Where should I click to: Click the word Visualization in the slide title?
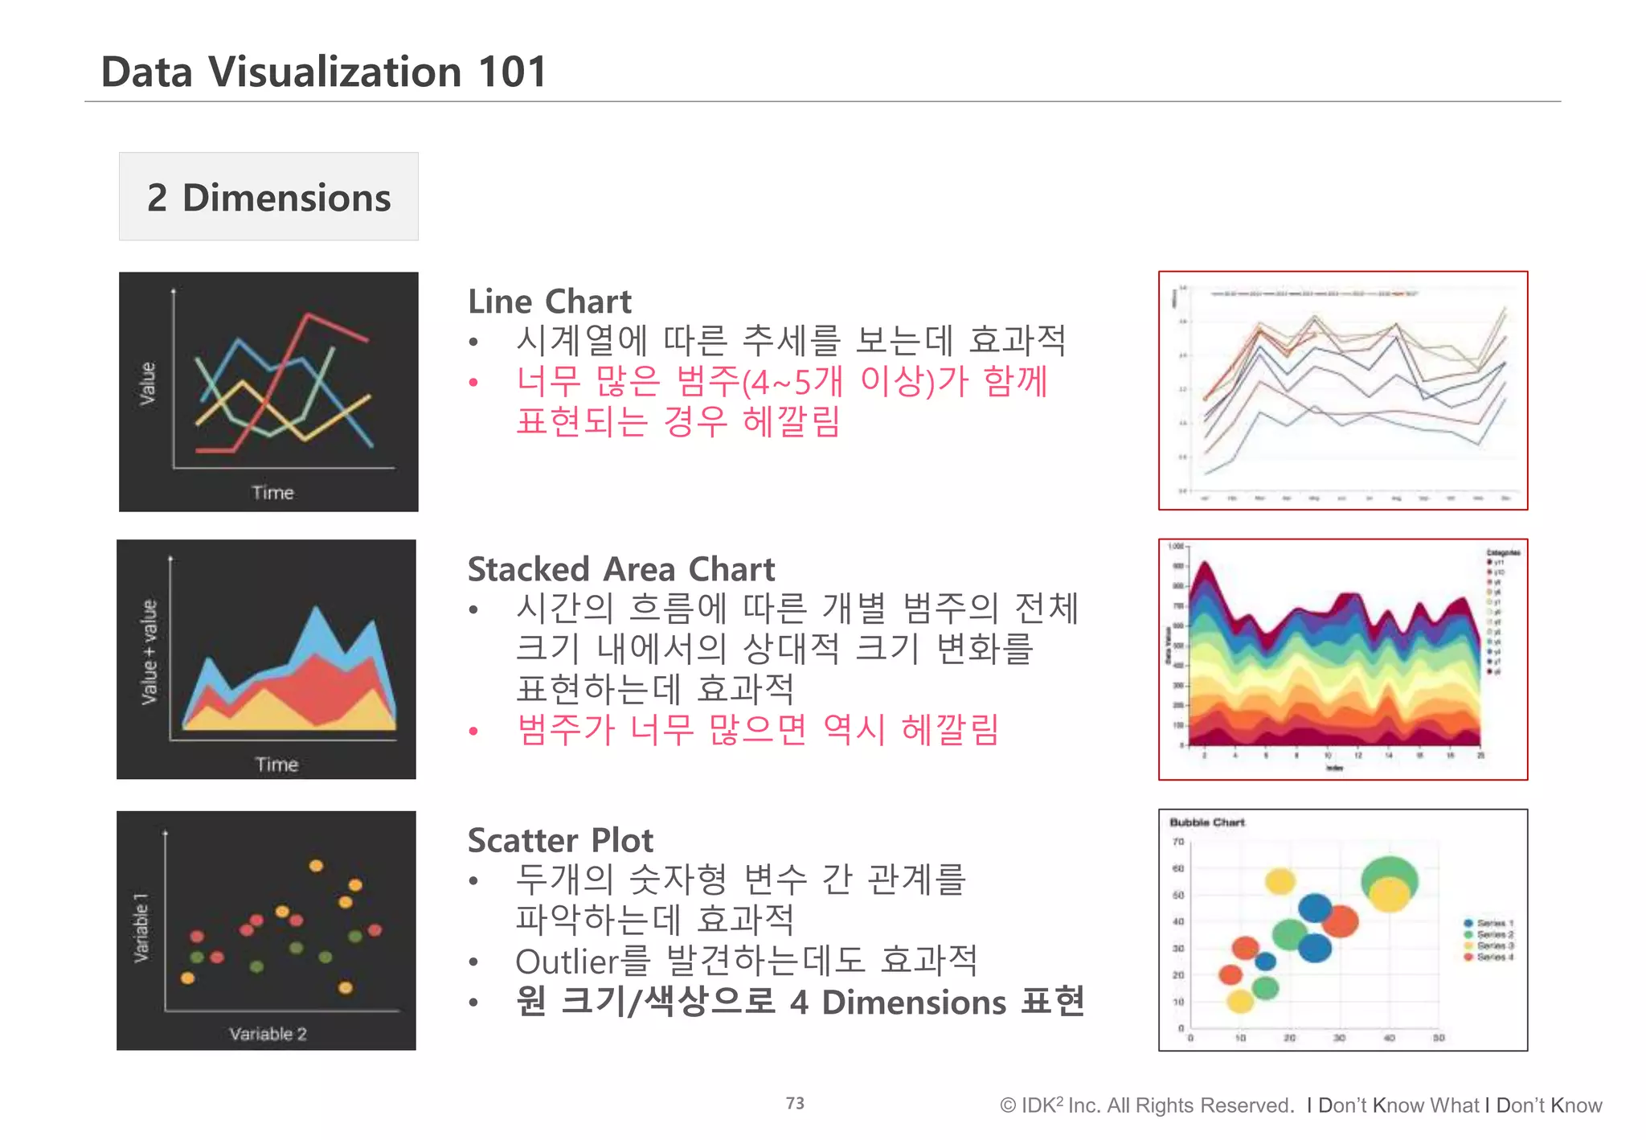334,72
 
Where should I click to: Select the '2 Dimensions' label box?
268,197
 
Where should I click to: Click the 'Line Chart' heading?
550,301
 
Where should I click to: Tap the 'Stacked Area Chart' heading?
621,569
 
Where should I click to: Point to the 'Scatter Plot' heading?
560,840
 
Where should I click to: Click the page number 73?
795,1103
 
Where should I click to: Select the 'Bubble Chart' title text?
1206,822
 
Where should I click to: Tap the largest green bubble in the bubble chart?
1390,876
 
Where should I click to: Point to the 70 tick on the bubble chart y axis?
1178,842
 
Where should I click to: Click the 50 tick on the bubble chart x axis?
1439,1038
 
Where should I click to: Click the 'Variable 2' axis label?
268,1034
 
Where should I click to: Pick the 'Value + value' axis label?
149,652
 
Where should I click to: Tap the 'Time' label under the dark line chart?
272,493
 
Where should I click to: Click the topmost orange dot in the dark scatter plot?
317,866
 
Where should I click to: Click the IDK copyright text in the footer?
1146,1105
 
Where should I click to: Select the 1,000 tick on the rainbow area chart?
1176,547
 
